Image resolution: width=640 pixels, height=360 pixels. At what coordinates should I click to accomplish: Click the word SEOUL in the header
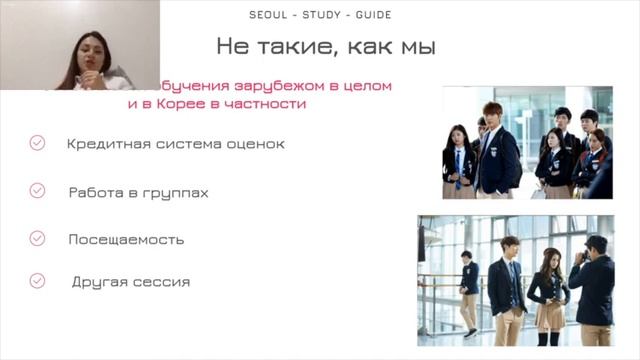(x=266, y=15)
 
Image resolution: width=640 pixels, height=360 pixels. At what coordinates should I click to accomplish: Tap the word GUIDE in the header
(x=367, y=15)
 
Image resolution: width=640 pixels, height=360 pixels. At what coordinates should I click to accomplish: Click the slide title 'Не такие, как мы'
(x=326, y=46)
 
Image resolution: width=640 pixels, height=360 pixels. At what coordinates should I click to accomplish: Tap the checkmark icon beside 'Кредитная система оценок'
(x=37, y=143)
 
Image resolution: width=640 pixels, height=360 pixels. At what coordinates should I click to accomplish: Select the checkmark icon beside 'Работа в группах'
(x=37, y=191)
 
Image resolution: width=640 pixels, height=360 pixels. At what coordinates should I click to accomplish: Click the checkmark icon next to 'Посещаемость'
(x=37, y=239)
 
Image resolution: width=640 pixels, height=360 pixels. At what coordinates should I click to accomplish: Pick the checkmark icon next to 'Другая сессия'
(x=37, y=281)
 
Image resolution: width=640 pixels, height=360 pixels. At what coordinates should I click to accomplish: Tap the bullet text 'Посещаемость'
(x=126, y=240)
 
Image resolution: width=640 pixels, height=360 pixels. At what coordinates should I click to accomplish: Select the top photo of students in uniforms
(x=527, y=142)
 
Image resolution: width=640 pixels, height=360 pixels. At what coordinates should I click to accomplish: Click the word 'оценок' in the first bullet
(x=259, y=144)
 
